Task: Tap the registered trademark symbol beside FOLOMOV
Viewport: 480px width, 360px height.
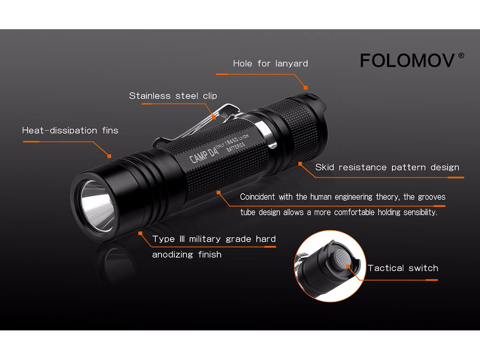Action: [461, 56]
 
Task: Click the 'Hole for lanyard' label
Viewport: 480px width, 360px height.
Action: [270, 64]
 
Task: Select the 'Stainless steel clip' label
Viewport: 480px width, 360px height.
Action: [173, 96]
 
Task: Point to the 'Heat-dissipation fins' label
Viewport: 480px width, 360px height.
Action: [70, 130]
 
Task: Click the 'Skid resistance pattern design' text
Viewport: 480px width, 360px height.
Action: [387, 168]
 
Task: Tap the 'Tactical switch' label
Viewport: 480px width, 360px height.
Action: [403, 268]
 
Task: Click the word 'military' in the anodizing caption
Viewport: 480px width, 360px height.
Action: [205, 239]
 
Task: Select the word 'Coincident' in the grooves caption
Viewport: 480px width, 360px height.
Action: [257, 197]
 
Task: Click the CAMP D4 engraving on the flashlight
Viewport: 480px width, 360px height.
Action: [204, 155]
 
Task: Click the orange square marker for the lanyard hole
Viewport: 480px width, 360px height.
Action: [306, 88]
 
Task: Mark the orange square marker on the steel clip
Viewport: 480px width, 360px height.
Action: [214, 117]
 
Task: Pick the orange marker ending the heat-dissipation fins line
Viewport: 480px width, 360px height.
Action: [109, 156]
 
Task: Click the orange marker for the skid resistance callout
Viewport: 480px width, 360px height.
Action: [300, 164]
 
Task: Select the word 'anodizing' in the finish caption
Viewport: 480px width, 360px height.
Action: [172, 255]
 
